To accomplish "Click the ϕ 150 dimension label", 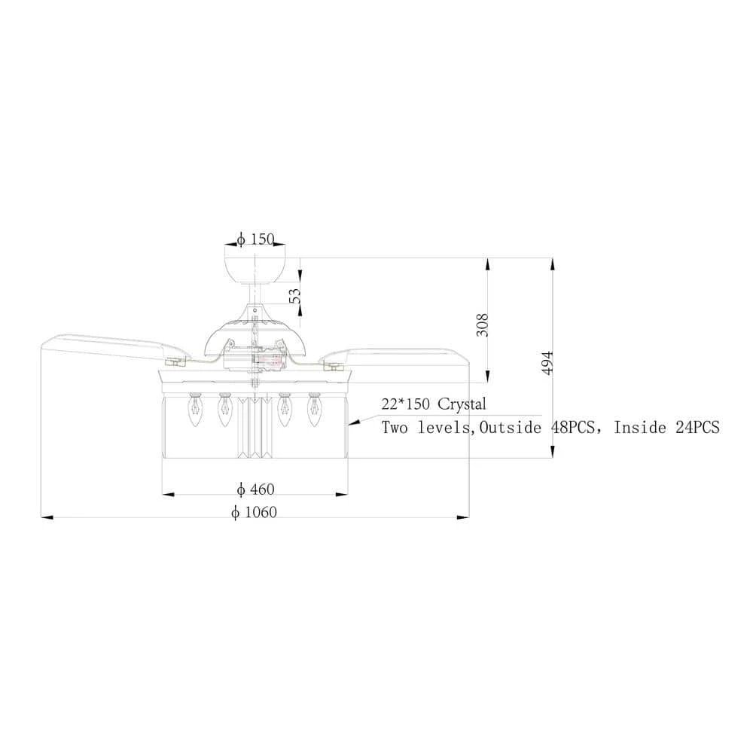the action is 255,239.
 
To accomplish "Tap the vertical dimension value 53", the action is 295,296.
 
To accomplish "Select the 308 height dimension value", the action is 482,325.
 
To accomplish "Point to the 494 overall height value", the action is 547,363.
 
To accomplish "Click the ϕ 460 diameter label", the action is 255,489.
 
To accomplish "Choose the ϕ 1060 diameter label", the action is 254,512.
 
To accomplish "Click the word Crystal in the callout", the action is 462,404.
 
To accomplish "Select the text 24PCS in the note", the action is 698,427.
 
